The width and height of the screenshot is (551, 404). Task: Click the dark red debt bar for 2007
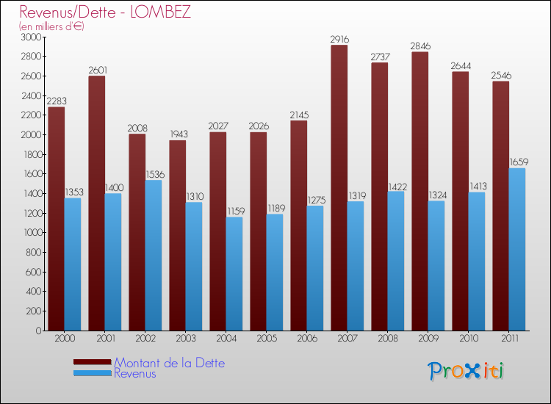(x=339, y=187)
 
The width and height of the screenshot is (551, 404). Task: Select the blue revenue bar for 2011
(x=516, y=250)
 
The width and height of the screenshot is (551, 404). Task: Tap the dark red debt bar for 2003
(x=177, y=235)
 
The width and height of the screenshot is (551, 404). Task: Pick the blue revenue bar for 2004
(x=234, y=273)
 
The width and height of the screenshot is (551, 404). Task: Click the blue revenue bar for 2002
(x=153, y=256)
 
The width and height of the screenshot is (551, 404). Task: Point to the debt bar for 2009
(x=419, y=191)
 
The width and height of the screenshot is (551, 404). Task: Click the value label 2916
(x=340, y=39)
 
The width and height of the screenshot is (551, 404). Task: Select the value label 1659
(x=518, y=162)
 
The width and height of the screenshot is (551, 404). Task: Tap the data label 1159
(x=235, y=211)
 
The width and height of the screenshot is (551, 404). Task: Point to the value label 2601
(x=98, y=70)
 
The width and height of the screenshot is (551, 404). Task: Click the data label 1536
(x=154, y=174)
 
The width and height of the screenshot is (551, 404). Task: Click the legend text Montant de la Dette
(x=170, y=363)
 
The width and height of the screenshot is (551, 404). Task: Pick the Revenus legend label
(x=135, y=374)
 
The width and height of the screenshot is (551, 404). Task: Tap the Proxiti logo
(x=466, y=371)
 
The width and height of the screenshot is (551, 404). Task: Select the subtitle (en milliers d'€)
(x=52, y=26)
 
